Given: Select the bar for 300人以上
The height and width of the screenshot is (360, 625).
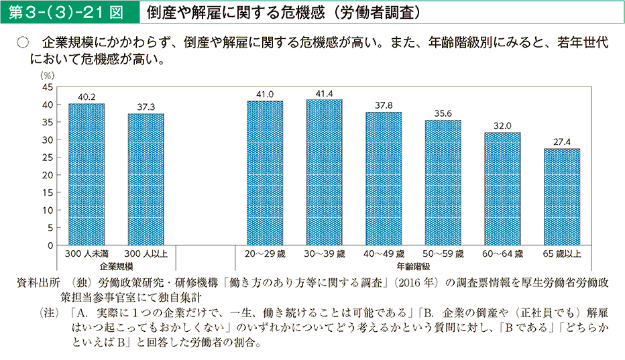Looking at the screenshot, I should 146,180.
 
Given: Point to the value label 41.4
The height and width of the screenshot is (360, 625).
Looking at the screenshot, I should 324,93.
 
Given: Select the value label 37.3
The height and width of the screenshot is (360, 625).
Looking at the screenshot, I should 146,107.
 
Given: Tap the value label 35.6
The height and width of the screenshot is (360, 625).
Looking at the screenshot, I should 443,113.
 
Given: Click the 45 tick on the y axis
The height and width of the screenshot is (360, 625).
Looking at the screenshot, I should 48,87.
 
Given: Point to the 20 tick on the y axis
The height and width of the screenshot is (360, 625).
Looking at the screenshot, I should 48,175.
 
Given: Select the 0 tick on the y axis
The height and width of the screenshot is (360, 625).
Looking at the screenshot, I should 50,245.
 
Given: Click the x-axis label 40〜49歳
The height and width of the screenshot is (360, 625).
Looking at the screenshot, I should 384,255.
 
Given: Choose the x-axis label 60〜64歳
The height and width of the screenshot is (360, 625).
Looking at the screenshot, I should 502,255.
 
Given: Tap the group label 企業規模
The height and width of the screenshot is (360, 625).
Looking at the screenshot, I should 115,266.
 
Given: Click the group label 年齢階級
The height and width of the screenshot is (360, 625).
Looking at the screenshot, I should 413,266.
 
